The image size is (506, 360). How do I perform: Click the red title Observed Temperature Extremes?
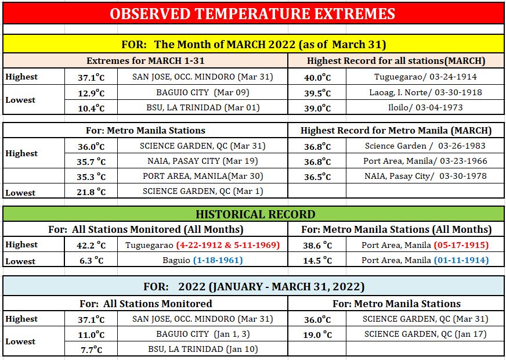[x=252, y=13]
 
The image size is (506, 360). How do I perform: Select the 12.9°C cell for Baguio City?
[x=91, y=93]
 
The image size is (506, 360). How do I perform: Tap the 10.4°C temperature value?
[x=91, y=108]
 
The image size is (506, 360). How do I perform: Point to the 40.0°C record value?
[x=317, y=78]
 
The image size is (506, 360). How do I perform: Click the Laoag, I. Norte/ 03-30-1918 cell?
[x=425, y=93]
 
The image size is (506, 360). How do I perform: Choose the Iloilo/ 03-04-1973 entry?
[x=425, y=107]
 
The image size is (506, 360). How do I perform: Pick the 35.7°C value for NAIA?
[x=91, y=161]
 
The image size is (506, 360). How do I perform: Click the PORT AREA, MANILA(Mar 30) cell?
[x=203, y=177]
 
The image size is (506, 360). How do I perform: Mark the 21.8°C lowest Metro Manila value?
[x=91, y=192]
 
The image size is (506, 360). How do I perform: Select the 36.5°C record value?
[x=317, y=177]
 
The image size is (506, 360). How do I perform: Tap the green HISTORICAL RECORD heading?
[x=255, y=214]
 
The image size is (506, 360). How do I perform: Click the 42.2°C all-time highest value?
[x=91, y=246]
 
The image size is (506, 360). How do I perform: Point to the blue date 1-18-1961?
[x=218, y=260]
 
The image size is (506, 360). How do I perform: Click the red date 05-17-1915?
[x=461, y=245]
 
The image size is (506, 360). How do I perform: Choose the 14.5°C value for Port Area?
[x=317, y=261]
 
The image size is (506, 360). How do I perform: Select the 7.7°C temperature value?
[x=91, y=350]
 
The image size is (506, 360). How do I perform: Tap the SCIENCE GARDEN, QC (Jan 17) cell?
[x=425, y=334]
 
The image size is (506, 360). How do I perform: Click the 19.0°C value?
[x=317, y=335]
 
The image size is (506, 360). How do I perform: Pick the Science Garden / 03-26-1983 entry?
[x=425, y=146]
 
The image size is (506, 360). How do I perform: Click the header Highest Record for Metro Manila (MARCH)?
[x=396, y=131]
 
